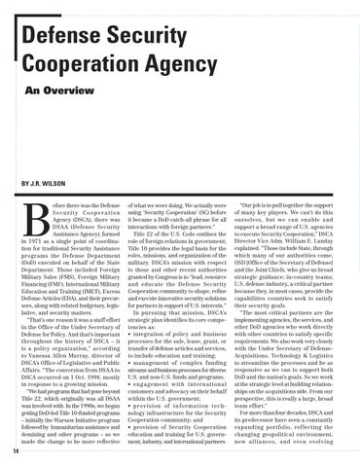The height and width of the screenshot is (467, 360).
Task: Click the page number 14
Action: pyautogui.click(x=7, y=450)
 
